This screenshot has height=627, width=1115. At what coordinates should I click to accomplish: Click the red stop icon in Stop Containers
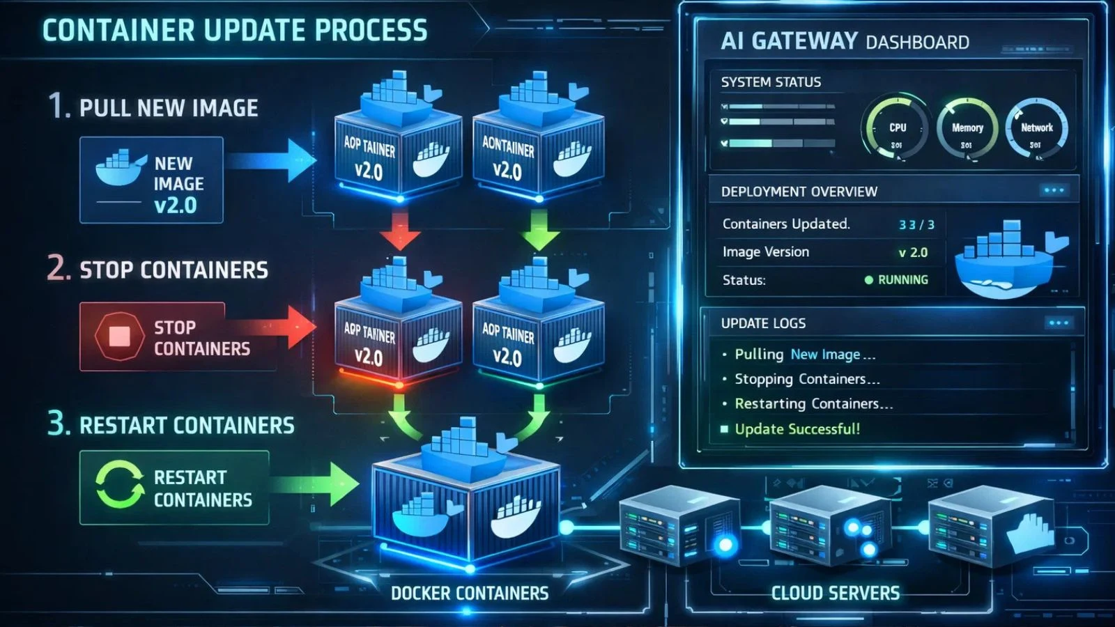[x=119, y=336]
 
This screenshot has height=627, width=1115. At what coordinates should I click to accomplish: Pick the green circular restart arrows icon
[x=119, y=485]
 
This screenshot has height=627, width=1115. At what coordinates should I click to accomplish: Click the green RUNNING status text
[x=902, y=280]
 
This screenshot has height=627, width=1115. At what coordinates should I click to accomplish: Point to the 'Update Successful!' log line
[x=797, y=429]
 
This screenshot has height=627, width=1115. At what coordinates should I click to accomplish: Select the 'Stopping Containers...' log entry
[x=807, y=379]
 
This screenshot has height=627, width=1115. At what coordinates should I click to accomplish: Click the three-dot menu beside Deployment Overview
[x=1054, y=190]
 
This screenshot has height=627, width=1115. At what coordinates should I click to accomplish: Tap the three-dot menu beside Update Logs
[x=1059, y=323]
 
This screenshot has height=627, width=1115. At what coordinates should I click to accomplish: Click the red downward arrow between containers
[x=400, y=230]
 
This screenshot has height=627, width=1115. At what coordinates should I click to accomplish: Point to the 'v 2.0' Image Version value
[x=913, y=252]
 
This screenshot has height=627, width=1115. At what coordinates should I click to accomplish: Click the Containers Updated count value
[x=916, y=224]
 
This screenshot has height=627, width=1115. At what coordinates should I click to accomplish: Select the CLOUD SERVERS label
[x=835, y=593]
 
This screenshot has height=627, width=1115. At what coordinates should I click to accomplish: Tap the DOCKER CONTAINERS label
[x=469, y=593]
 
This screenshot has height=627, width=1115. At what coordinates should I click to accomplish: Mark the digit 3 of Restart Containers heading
[x=58, y=423]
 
